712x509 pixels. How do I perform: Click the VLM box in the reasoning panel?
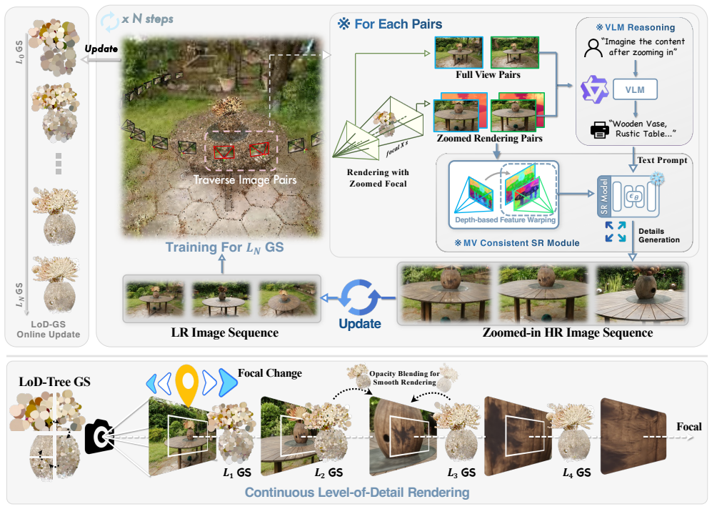[635, 89]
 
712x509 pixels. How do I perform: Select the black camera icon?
[99, 436]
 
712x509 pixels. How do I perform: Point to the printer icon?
[599, 129]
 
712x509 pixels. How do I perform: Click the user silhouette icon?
[593, 48]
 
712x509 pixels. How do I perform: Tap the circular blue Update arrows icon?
[361, 297]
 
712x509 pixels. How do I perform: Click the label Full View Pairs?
[488, 75]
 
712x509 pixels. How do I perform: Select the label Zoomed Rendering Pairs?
[489, 138]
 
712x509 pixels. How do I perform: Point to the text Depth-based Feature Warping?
[505, 220]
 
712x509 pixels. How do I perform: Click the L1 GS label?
[237, 473]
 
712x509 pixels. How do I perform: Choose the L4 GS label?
[577, 473]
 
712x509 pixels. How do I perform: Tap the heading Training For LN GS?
[224, 247]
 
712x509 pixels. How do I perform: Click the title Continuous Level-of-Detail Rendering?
[357, 493]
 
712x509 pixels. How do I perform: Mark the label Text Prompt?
[662, 160]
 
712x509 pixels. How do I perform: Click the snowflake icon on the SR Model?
[656, 178]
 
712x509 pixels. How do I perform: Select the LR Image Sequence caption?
[225, 332]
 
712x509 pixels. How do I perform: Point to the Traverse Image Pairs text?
[245, 180]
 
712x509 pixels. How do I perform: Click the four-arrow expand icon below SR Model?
[616, 232]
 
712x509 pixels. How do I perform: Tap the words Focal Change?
[270, 373]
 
